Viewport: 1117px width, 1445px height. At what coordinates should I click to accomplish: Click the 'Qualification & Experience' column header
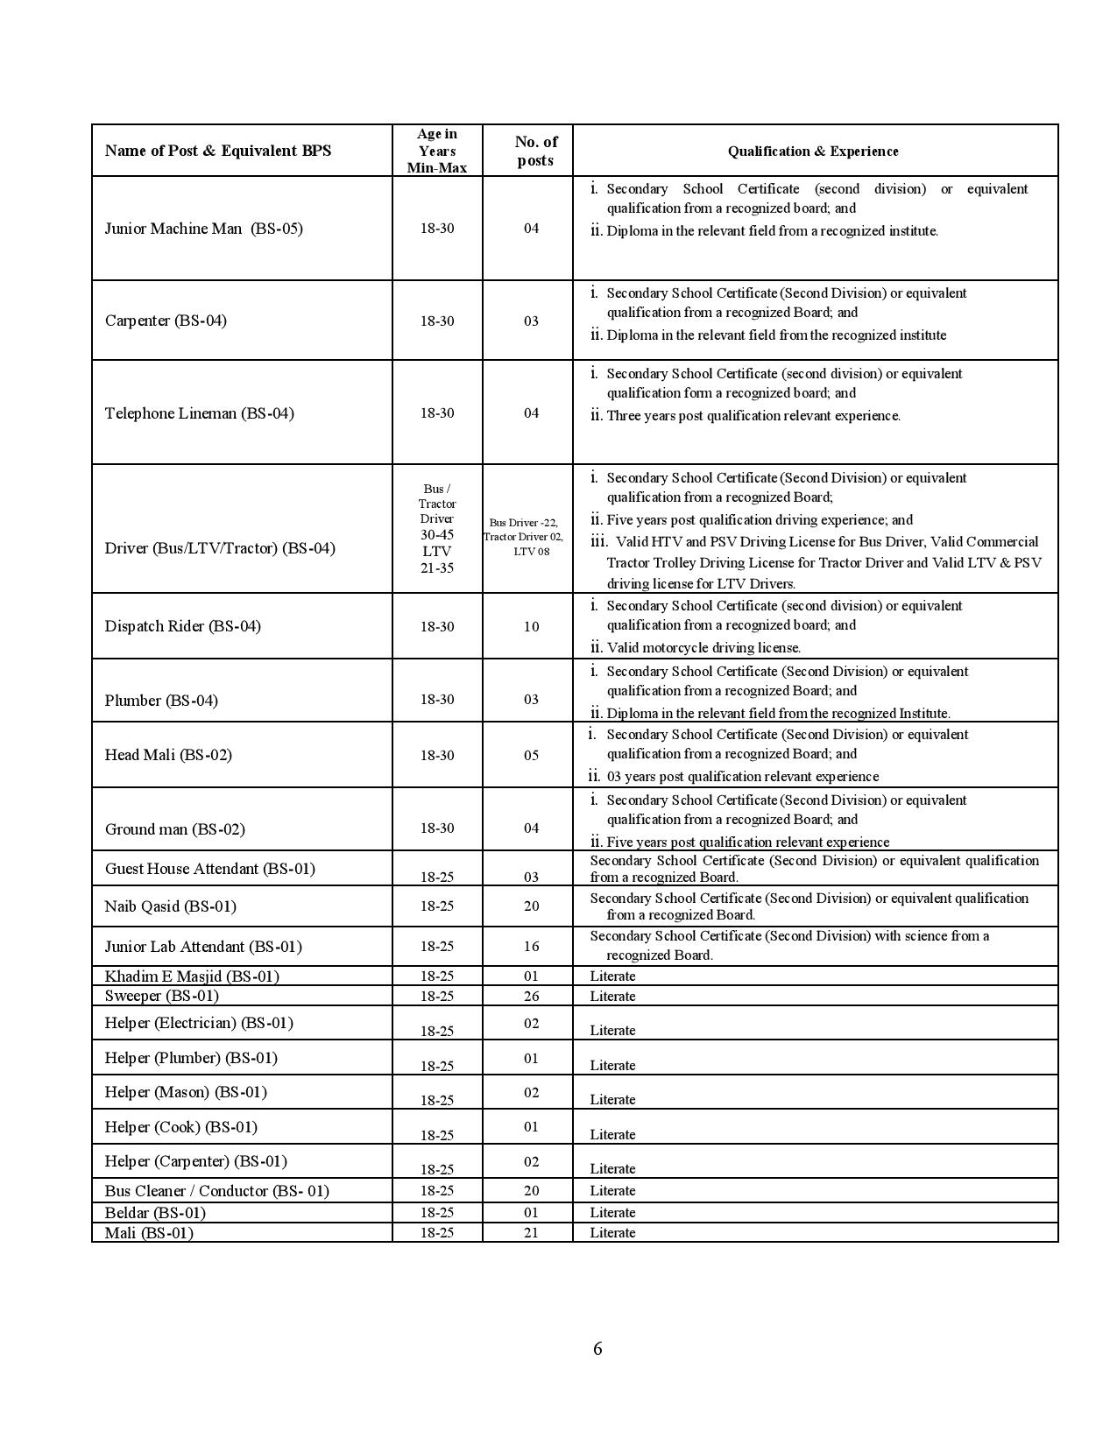click(x=813, y=151)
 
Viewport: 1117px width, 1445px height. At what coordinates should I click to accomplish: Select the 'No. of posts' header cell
click(x=535, y=151)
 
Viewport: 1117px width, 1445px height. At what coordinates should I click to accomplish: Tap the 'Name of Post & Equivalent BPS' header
click(x=218, y=150)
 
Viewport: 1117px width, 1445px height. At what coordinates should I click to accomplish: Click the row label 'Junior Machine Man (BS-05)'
click(x=203, y=229)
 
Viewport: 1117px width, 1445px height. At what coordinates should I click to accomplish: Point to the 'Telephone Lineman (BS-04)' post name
click(x=199, y=413)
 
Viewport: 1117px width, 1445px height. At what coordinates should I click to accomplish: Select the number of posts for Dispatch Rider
click(x=531, y=626)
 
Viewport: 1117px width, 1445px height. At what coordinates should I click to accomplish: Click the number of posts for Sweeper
click(x=531, y=996)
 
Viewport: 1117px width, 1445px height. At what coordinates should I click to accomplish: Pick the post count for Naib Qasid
click(x=531, y=906)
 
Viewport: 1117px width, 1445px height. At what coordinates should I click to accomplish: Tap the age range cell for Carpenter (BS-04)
click(x=437, y=321)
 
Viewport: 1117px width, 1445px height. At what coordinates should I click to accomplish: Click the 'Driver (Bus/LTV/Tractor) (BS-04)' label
click(x=220, y=548)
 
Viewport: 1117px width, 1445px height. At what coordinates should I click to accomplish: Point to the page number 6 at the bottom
click(x=597, y=1348)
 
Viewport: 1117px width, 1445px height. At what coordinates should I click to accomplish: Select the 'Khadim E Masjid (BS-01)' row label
click(x=192, y=976)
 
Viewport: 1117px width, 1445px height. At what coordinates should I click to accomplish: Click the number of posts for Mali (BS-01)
click(x=531, y=1232)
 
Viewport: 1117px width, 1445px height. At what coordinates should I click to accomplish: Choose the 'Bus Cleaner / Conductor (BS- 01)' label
click(x=216, y=1190)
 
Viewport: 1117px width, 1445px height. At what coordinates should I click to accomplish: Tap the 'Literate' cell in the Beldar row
click(x=612, y=1212)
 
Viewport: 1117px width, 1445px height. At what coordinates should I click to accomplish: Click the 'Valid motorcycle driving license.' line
click(x=703, y=648)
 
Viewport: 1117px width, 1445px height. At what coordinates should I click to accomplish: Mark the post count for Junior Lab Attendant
click(x=531, y=946)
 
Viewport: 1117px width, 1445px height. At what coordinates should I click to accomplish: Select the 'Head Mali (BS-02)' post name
click(x=168, y=755)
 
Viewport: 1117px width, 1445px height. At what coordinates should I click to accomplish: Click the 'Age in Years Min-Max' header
click(x=437, y=150)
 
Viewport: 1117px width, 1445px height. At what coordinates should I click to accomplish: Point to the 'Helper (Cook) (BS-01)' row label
click(x=180, y=1127)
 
